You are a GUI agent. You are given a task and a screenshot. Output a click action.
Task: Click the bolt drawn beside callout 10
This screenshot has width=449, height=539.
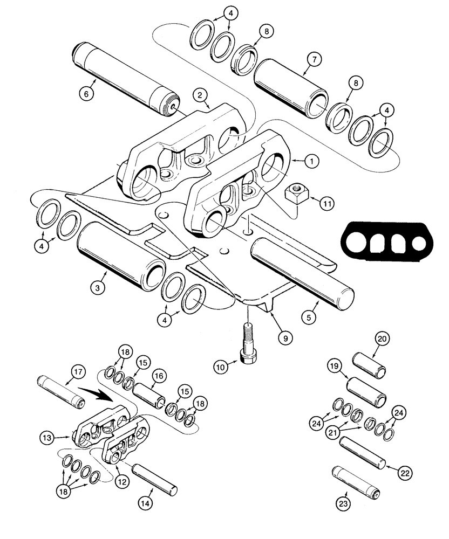(248, 344)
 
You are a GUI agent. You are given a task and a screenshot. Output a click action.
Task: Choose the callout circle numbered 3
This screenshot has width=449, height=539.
(98, 288)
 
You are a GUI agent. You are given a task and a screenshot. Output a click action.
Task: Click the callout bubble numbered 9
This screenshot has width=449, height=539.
(285, 338)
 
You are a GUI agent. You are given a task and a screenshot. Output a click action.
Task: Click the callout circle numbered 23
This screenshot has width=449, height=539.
(344, 504)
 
